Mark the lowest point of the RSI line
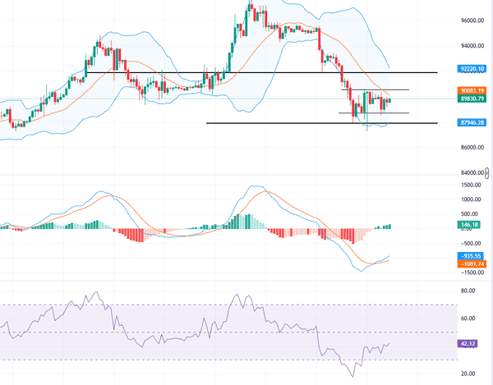coord(353,377)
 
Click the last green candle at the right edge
coord(389,101)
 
